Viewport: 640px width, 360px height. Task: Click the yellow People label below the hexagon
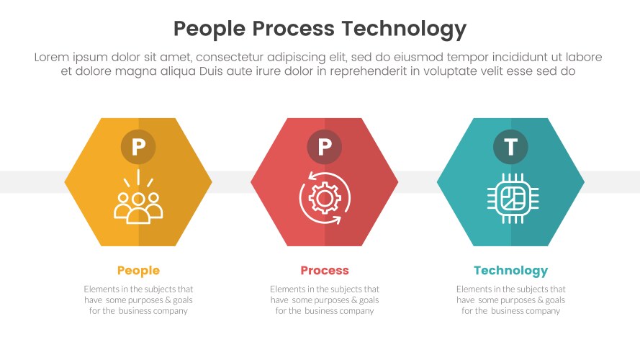pyautogui.click(x=138, y=271)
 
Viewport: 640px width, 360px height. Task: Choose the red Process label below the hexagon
pyautogui.click(x=325, y=271)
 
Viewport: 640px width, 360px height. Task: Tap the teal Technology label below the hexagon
pyautogui.click(x=510, y=271)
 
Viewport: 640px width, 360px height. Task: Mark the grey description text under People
pyautogui.click(x=138, y=300)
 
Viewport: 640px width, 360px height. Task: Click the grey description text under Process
pyautogui.click(x=325, y=300)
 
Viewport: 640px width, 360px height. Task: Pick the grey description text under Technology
pyautogui.click(x=510, y=300)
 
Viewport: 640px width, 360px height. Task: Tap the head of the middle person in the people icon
pyautogui.click(x=138, y=197)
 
